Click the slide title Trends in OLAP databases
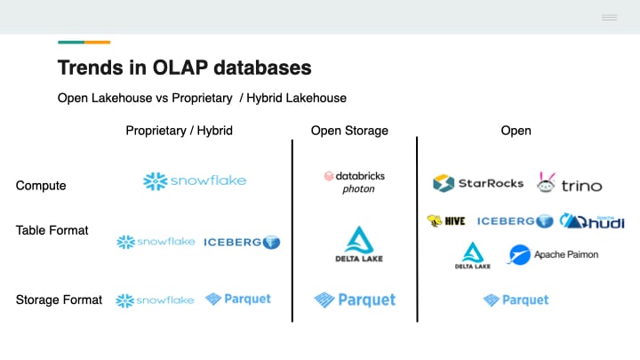pos(184,68)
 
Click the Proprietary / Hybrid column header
pos(179,131)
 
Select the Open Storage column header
pos(349,131)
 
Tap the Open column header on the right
pos(516,131)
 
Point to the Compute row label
pos(41,186)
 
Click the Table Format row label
pos(52,230)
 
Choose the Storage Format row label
pos(59,300)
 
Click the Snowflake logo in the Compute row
pos(195,181)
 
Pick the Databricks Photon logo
pos(354,181)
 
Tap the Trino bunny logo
pos(570,183)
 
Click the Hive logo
pos(447,221)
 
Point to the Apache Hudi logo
pos(594,220)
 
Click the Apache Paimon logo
pos(553,255)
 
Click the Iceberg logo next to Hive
pos(516,221)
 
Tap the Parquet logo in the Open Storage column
pos(355,300)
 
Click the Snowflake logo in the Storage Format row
pos(156,300)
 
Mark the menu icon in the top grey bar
pos(609,18)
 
